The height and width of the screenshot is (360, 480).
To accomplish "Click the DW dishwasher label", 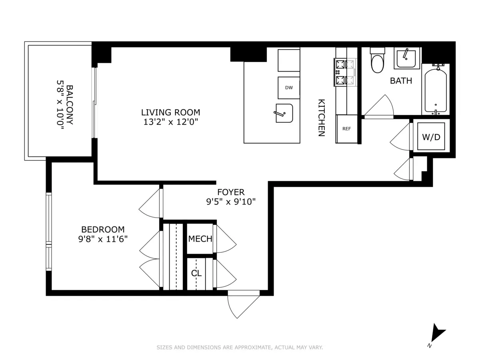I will [x=289, y=88].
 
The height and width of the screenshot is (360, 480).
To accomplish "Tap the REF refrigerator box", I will [x=346, y=129].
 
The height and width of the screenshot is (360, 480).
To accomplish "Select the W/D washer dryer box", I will [x=431, y=137].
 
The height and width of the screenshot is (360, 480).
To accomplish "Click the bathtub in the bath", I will [x=436, y=90].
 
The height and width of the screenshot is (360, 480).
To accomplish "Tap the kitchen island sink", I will [x=284, y=113].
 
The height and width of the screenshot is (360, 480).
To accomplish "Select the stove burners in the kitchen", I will [x=340, y=72].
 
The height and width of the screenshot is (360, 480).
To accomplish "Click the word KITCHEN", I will [x=321, y=118].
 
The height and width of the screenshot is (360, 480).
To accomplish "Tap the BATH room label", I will [x=401, y=81].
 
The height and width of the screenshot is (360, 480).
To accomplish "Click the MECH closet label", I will [x=200, y=239].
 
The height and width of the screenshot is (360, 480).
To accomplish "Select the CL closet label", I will [x=196, y=274].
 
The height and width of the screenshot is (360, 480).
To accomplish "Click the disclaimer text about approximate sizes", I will [x=240, y=348].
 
